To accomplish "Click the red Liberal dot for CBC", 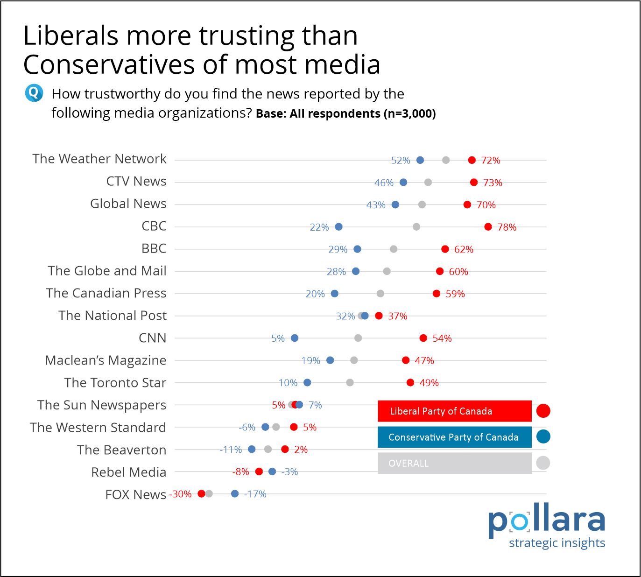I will [x=488, y=227].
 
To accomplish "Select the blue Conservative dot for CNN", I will [x=295, y=338].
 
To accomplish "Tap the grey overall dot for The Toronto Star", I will [x=350, y=383].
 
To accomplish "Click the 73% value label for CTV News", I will [x=493, y=183].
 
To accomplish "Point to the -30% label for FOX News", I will [x=181, y=494].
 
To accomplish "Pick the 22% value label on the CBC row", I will [x=319, y=227].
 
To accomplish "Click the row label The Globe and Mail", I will [x=107, y=271].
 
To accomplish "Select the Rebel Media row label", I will [x=128, y=472].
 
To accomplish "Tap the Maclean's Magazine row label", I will [x=106, y=360].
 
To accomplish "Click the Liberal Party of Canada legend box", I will [x=454, y=411].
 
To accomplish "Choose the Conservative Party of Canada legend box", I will [x=454, y=437].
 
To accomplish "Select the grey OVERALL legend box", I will [x=454, y=463].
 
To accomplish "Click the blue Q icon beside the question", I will [x=34, y=93].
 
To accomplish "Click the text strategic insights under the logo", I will [x=556, y=543].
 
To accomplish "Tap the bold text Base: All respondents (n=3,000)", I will [x=345, y=114].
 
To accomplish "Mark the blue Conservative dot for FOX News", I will [x=235, y=494].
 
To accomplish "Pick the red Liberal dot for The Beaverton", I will [x=285, y=450].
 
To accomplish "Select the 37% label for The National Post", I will [x=397, y=316].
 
